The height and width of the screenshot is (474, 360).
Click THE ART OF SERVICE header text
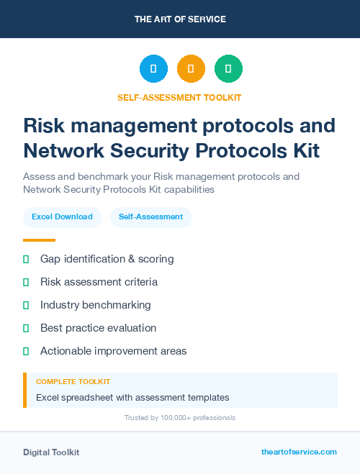point(180,19)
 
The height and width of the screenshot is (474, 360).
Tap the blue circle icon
point(153,69)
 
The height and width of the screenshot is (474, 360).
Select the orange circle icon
point(191,69)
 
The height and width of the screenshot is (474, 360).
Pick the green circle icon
point(228,69)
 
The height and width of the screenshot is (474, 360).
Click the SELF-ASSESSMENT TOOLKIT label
point(180,97)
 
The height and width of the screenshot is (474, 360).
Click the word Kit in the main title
point(302,151)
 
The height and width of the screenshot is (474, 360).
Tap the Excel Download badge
point(62,217)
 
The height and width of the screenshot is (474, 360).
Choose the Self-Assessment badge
point(150,217)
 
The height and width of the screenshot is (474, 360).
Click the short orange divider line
point(39,240)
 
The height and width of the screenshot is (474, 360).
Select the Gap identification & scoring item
point(107,259)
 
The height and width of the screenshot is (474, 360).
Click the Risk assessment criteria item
point(99,282)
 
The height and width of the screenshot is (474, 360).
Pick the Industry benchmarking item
point(95,305)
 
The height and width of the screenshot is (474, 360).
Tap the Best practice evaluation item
point(98,328)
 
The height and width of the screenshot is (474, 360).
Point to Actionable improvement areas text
point(113,351)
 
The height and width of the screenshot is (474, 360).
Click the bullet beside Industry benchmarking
point(26,305)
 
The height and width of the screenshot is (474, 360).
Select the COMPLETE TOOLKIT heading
point(73,382)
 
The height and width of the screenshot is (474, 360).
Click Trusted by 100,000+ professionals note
point(180,417)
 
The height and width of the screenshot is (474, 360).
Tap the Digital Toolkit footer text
point(51,452)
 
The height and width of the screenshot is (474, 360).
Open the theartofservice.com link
point(299,452)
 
